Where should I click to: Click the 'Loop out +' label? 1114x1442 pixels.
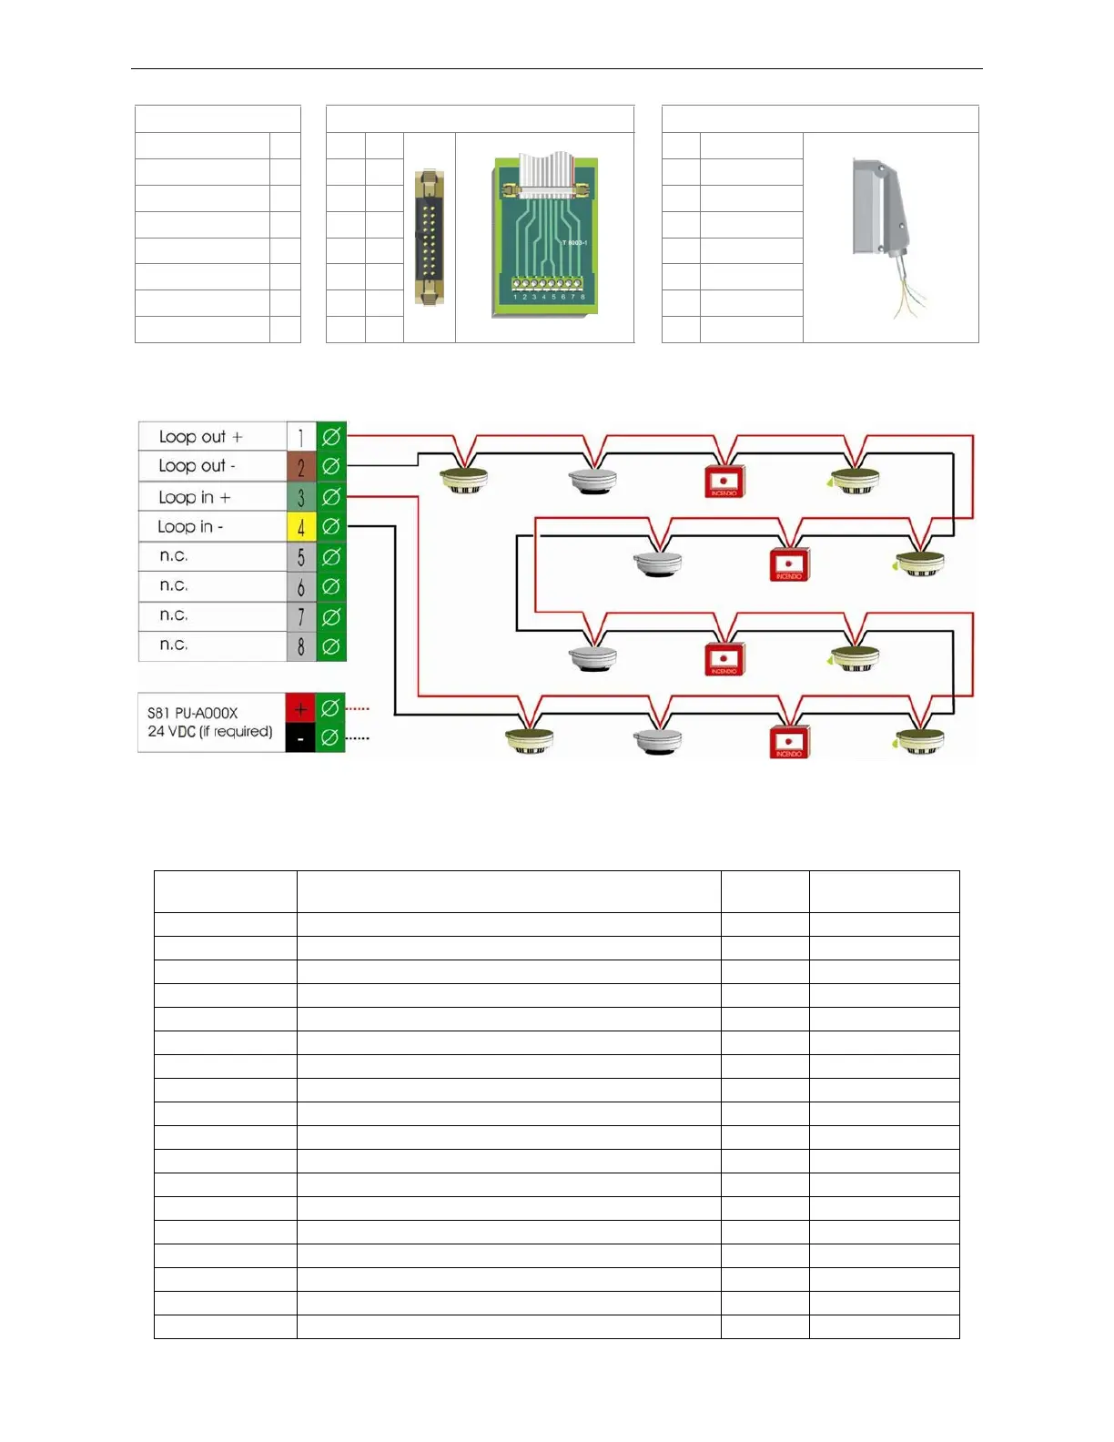point(200,437)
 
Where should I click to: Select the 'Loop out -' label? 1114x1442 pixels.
point(197,466)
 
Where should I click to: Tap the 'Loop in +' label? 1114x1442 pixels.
point(194,497)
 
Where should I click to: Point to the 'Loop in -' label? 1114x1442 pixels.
point(190,526)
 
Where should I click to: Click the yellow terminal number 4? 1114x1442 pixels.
point(301,526)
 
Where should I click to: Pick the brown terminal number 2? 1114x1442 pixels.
point(301,466)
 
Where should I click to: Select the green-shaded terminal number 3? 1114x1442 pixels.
point(301,497)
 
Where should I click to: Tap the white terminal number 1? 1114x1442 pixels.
point(301,437)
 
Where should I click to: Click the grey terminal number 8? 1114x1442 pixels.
point(301,646)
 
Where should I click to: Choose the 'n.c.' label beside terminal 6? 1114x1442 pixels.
point(174,585)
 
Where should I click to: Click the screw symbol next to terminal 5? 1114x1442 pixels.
point(331,556)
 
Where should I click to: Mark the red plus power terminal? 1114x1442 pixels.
point(300,707)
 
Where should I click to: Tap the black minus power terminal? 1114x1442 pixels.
point(300,738)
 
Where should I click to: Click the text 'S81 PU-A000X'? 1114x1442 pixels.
point(192,713)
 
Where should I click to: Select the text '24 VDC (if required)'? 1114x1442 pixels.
point(209,732)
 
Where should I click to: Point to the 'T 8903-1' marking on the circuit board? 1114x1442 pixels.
point(574,243)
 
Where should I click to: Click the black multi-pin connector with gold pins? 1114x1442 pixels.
point(429,237)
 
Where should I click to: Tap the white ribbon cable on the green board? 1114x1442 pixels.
point(543,173)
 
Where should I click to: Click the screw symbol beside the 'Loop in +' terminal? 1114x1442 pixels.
point(331,497)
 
